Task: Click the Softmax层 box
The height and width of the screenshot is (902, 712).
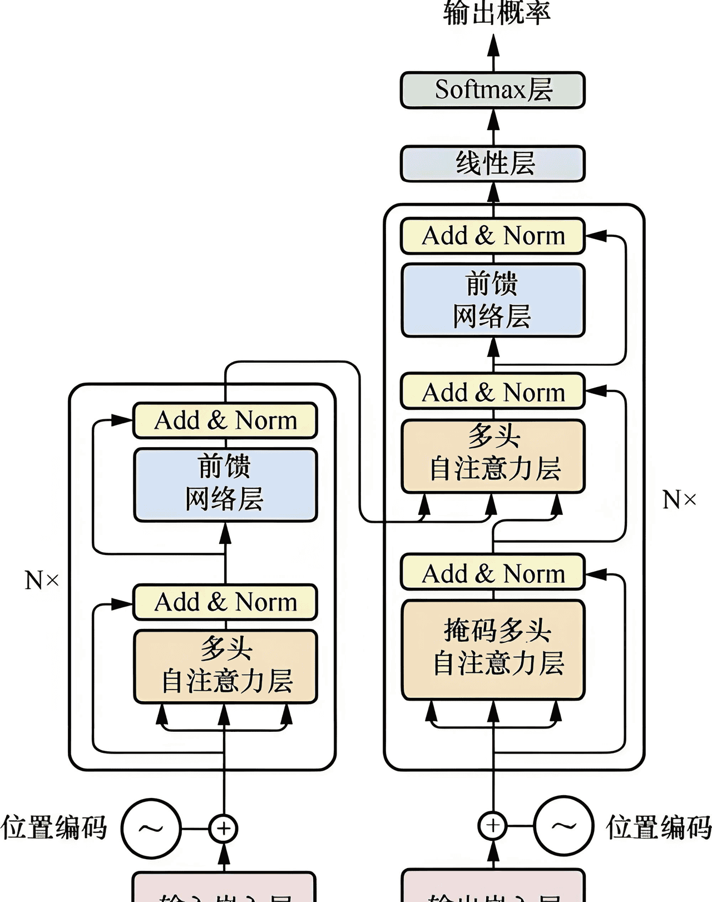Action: coord(493,90)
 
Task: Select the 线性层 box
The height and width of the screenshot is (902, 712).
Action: coord(493,163)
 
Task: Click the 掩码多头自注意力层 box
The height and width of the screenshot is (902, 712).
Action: coord(493,649)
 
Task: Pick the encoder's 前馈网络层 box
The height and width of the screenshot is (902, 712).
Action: coord(225,484)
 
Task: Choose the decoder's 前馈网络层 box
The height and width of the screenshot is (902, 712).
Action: coord(493,300)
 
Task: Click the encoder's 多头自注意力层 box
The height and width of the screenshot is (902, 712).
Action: coord(225,666)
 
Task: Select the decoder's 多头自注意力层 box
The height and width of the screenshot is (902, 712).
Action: coord(493,456)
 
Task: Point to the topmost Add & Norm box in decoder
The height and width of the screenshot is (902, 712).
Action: coord(493,236)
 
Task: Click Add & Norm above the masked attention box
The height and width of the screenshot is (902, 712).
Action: coord(493,573)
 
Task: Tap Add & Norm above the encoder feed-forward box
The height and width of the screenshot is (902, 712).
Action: coord(225,420)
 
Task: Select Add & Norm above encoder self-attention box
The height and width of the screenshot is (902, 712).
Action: coord(225,602)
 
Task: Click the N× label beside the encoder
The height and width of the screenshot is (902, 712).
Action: coord(42,581)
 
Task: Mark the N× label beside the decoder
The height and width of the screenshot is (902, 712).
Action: coord(679,499)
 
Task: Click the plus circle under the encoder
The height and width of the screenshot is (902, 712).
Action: coord(224,829)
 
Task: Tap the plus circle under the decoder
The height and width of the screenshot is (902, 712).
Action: coord(493,826)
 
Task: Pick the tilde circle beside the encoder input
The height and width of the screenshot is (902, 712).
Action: coord(151,829)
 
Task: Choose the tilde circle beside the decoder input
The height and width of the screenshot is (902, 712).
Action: coord(564,826)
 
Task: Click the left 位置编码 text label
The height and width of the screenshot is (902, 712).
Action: coord(54,827)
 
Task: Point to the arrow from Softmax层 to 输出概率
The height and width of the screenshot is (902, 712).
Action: coord(493,53)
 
